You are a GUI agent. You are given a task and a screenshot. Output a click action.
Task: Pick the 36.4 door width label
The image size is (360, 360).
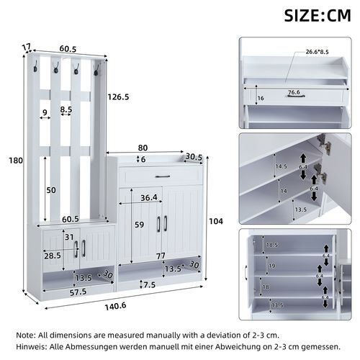(149, 198)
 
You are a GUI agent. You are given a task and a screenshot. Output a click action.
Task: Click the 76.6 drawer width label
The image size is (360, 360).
(293, 91)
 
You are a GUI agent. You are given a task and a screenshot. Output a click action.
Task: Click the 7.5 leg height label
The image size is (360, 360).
(148, 284)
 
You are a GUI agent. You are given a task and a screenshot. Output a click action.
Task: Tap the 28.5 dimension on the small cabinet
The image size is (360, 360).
(51, 256)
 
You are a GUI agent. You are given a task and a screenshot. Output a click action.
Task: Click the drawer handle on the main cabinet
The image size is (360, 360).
(160, 175)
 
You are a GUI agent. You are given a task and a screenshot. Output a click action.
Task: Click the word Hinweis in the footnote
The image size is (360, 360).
(35, 346)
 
